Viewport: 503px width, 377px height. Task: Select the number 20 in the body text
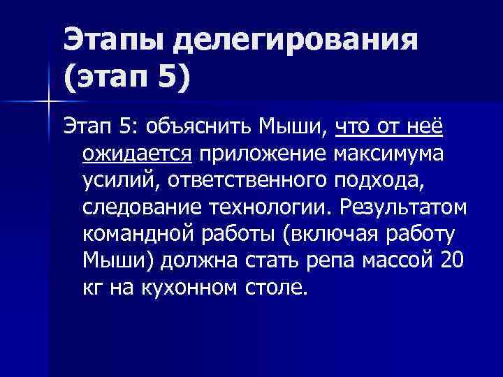(452, 260)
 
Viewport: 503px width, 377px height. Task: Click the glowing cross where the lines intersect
(48, 101)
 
